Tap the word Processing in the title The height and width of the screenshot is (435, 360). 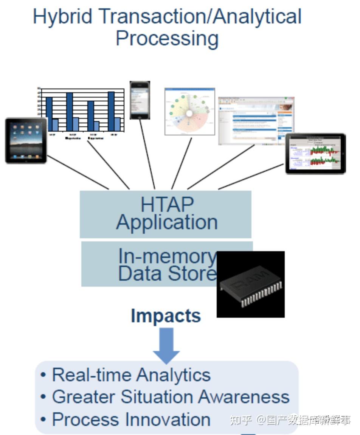point(167,39)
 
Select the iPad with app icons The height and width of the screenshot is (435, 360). point(26,141)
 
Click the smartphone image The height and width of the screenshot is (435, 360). point(140,100)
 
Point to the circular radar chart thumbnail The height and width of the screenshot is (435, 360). point(189,112)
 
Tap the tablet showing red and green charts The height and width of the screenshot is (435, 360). point(315,154)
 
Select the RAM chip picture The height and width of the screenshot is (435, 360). point(250,284)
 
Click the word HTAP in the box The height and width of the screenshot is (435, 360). point(167,205)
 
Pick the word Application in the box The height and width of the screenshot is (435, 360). point(167,222)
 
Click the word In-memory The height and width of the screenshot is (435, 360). point(166,256)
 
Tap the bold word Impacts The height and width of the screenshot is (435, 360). point(166,315)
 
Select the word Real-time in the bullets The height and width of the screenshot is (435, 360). point(91,375)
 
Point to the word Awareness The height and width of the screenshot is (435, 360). point(244,397)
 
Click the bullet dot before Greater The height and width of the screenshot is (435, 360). point(43,397)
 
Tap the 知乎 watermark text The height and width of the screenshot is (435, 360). point(241,420)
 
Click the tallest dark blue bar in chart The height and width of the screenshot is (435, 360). point(111,111)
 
